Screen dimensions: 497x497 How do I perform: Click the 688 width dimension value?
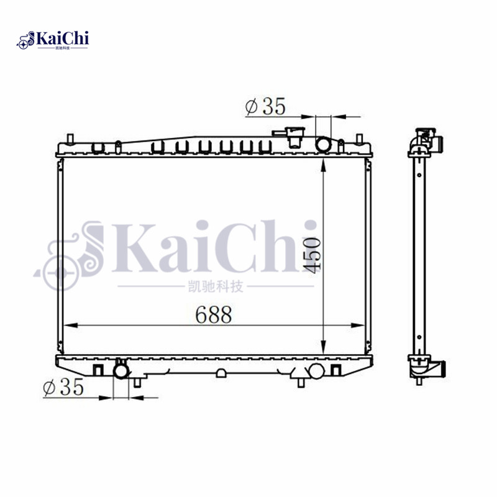pos(214,315)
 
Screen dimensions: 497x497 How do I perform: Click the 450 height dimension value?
pos(312,253)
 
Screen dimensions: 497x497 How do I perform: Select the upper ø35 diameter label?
pos(265,107)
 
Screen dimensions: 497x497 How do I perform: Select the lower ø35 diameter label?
pos(63,388)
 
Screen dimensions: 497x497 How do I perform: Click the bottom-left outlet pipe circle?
pos(121,371)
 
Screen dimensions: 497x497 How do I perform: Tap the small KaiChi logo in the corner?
pos(53,40)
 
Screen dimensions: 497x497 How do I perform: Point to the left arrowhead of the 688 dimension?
pos(70,326)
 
